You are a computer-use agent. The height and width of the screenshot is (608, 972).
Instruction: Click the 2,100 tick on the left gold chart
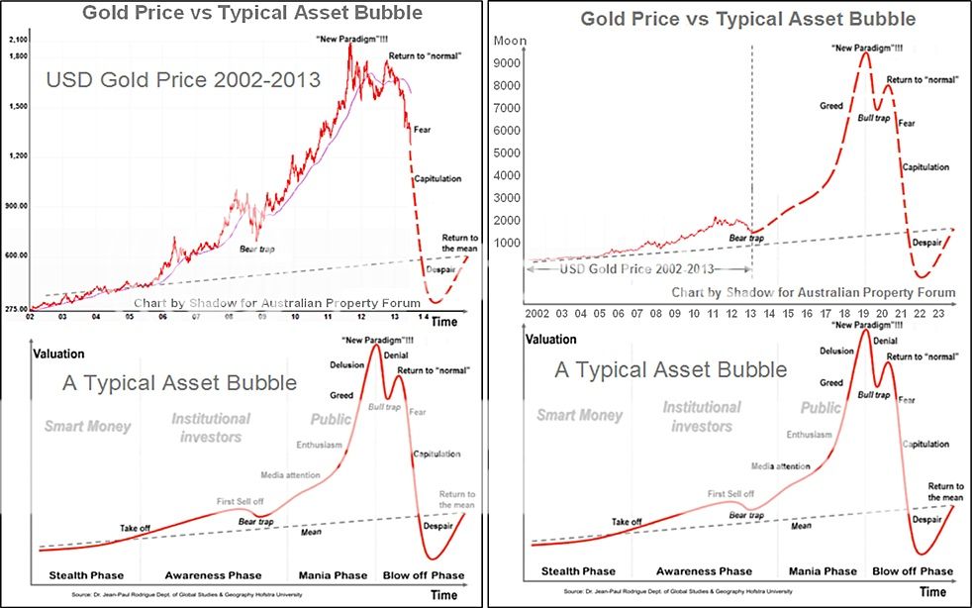(x=17, y=38)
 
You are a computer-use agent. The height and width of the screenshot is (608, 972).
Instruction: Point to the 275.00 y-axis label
(x=16, y=309)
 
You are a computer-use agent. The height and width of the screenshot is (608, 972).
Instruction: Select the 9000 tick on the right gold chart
(x=507, y=62)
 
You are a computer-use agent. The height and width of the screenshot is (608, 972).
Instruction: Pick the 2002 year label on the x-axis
(x=537, y=312)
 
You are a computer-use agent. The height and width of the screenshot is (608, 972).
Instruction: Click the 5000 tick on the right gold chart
(x=507, y=152)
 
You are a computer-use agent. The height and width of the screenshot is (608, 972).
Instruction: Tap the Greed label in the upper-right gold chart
(x=832, y=105)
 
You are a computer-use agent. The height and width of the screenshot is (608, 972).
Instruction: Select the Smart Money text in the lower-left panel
(x=87, y=427)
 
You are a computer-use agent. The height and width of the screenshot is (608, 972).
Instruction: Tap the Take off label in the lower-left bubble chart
(x=135, y=528)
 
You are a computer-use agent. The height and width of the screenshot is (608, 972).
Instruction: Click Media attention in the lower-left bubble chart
(x=291, y=475)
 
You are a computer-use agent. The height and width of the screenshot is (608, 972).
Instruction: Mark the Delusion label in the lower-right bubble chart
(x=836, y=351)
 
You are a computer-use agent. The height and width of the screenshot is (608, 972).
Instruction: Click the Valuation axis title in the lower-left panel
(x=58, y=354)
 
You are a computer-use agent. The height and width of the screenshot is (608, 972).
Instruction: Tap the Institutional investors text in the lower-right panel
(x=702, y=417)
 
